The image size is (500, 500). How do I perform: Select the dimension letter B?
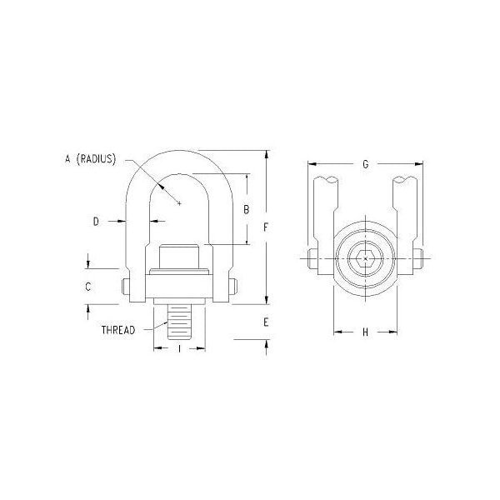[246, 210]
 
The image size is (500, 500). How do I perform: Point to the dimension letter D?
[96, 221]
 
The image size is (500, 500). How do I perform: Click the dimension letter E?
[266, 322]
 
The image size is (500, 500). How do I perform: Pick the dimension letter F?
[266, 227]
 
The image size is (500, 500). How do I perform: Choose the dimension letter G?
[365, 164]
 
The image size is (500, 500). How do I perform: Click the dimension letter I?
[180, 349]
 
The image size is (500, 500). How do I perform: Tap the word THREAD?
[118, 330]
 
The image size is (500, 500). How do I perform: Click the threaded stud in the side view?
[180, 321]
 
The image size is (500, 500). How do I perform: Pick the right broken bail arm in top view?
[406, 208]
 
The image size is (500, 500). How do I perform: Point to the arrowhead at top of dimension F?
[266, 154]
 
